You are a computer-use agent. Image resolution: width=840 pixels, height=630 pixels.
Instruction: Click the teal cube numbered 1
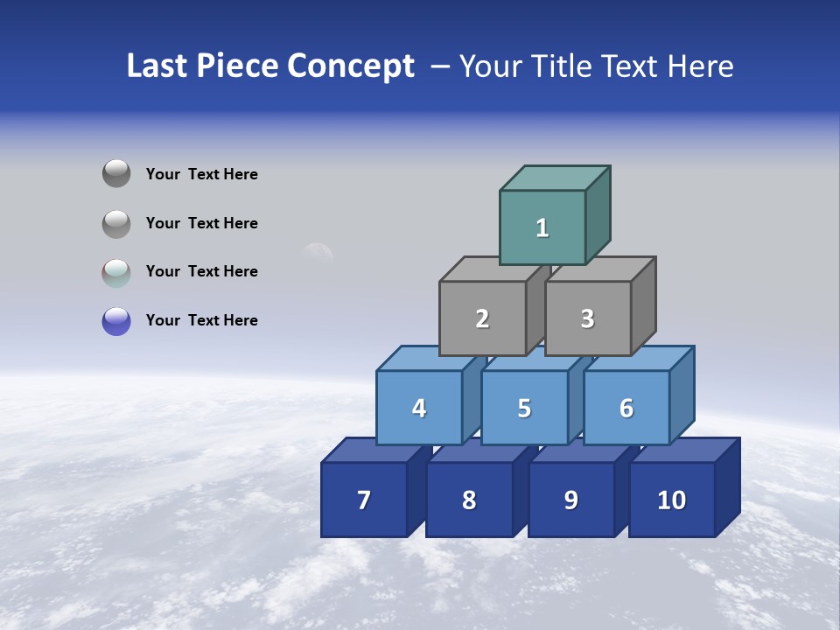542,227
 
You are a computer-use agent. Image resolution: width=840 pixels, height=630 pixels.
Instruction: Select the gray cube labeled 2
482,318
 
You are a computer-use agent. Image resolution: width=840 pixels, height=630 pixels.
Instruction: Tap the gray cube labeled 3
587,318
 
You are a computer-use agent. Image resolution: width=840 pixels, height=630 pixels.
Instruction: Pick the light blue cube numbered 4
419,408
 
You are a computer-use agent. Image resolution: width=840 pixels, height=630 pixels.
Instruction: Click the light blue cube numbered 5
524,408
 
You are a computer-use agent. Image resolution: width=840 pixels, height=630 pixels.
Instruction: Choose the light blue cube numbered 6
626,408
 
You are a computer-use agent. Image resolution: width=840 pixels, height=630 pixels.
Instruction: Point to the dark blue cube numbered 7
364,500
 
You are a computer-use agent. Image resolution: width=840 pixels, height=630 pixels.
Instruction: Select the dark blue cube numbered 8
469,500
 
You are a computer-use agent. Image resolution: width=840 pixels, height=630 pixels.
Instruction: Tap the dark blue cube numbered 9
570,500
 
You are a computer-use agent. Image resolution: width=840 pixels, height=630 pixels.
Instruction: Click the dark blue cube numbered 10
671,500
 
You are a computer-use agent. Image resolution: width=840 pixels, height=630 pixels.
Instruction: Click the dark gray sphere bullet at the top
116,173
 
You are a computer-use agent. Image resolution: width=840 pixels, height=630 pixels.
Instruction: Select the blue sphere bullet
116,321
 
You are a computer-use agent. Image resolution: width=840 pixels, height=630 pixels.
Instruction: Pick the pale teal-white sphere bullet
116,273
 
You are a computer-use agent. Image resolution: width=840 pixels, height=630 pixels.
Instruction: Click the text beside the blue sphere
202,320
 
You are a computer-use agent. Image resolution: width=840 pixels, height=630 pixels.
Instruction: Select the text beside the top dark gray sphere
202,174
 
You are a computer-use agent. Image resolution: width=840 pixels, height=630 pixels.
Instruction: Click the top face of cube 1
555,178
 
